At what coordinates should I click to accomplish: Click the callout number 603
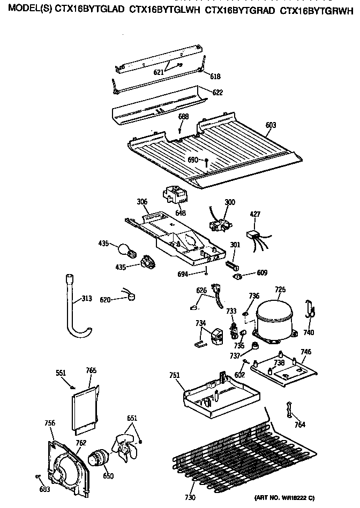tap(271, 125)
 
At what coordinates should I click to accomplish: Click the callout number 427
tap(256, 214)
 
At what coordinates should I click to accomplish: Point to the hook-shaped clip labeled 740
tap(309, 310)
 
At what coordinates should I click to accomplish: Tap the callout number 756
tap(49, 423)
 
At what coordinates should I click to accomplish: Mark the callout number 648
tap(181, 213)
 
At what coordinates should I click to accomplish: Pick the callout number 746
tap(305, 352)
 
